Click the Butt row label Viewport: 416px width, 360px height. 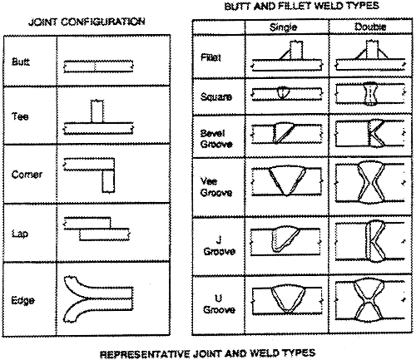(21, 62)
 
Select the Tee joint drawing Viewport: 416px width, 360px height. (98, 122)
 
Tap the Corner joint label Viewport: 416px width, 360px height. (27, 175)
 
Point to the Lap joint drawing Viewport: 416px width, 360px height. (97, 229)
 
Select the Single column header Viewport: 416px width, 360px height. (283, 27)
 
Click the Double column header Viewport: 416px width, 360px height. (370, 27)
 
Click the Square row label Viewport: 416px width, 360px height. (216, 96)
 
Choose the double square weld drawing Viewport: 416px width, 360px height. (370, 93)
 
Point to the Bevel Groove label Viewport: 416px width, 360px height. (216, 139)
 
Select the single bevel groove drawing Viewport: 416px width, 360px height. (287, 133)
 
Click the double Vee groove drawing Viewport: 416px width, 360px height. (370, 182)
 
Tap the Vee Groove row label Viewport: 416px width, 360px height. (216, 186)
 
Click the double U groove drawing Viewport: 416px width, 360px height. (370, 301)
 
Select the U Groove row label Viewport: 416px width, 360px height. (219, 304)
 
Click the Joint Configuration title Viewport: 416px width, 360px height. (87, 22)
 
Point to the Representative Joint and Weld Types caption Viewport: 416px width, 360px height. (207, 353)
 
